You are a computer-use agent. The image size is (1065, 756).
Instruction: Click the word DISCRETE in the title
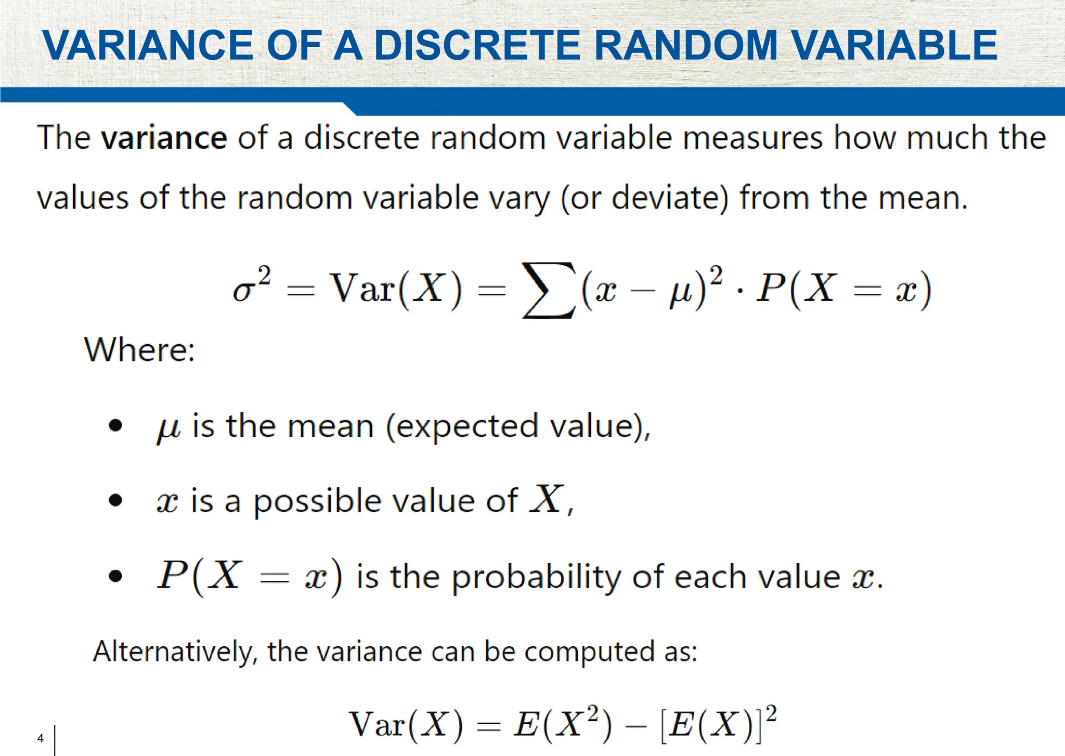[x=477, y=46]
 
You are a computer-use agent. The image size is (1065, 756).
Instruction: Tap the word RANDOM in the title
[x=685, y=46]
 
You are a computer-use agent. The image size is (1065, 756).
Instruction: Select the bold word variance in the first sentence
[x=164, y=138]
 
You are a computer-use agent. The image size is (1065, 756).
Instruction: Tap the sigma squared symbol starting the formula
[x=251, y=285]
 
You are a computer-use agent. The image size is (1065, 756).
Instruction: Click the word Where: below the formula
[x=140, y=349]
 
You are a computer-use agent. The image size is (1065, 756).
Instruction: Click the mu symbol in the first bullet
[x=168, y=428]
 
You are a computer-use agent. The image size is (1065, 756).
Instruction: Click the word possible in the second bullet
[x=318, y=502]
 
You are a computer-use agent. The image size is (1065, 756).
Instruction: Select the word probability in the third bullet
[x=536, y=578]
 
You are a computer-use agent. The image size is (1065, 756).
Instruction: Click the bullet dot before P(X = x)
[x=115, y=577]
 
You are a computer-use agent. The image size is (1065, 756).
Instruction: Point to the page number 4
[x=41, y=738]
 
